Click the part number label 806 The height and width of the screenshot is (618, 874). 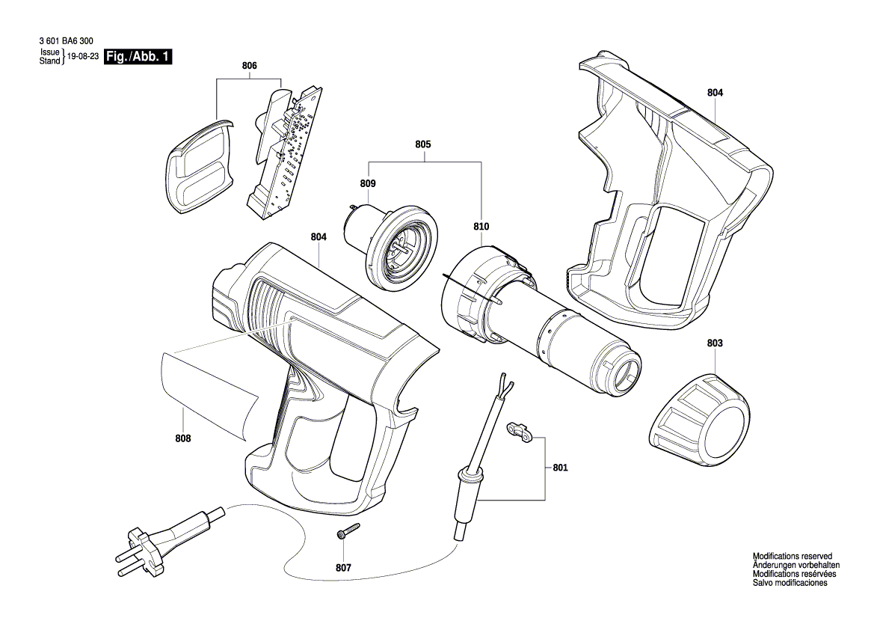click(x=249, y=67)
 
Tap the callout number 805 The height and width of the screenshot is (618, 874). click(x=423, y=144)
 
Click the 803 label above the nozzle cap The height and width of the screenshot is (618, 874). click(x=715, y=343)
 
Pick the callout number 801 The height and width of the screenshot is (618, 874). click(x=560, y=468)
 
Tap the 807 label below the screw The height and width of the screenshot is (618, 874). click(x=343, y=568)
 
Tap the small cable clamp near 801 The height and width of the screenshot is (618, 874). click(x=518, y=432)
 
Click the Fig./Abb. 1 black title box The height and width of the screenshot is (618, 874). click(x=138, y=57)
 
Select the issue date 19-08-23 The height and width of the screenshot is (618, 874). click(x=83, y=57)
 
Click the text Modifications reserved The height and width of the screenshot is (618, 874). click(x=792, y=557)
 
